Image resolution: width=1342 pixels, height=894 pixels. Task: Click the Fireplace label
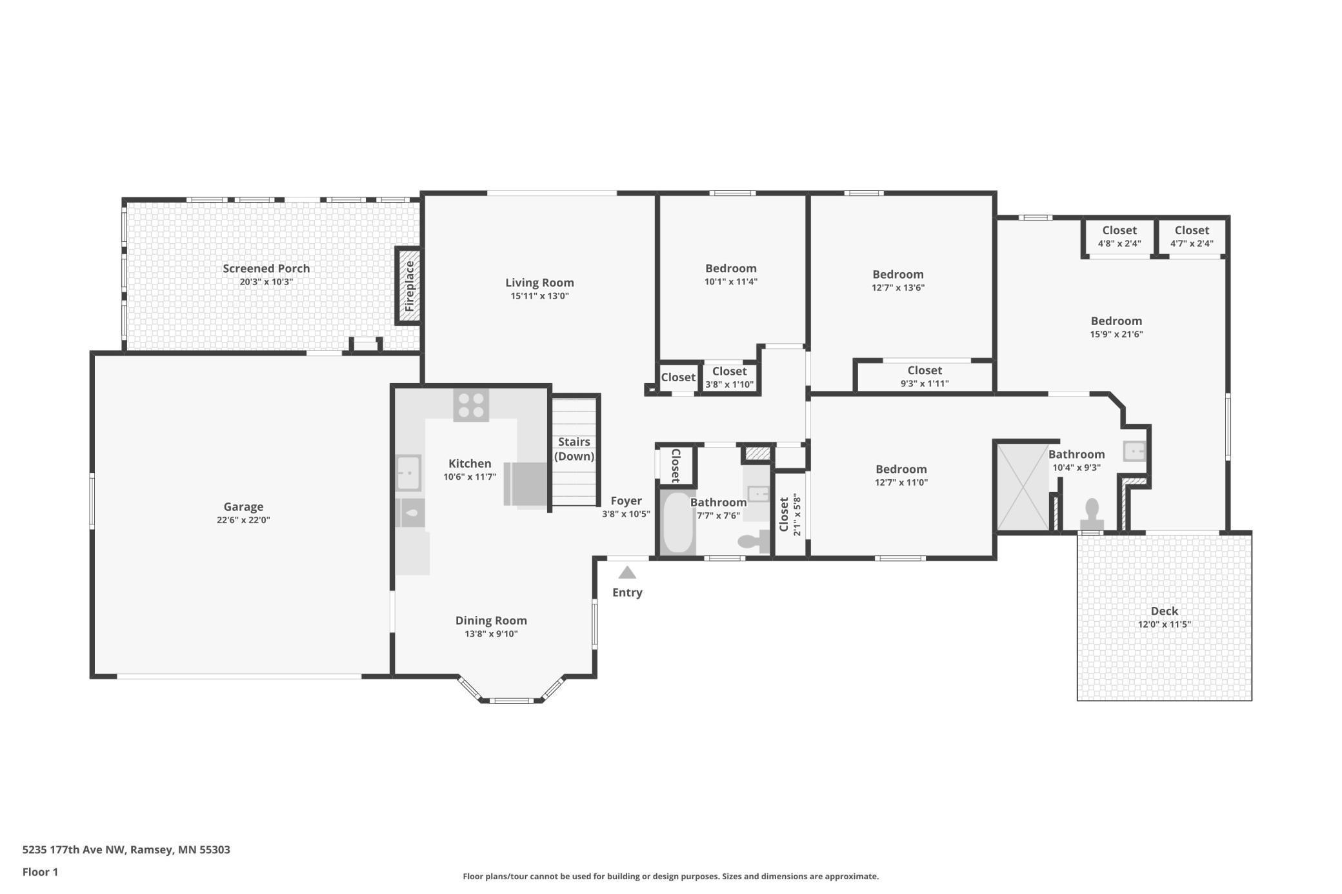409,286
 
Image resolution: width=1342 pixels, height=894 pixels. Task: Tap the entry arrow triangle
627,573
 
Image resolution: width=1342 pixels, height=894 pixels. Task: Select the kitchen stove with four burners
471,404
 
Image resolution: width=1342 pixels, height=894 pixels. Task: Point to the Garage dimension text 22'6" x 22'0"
243,520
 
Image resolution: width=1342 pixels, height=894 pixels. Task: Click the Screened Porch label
266,268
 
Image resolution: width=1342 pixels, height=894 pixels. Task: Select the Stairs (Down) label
574,449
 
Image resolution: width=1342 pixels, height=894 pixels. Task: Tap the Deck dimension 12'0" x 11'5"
1164,624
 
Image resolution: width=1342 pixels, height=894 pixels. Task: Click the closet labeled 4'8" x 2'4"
1119,237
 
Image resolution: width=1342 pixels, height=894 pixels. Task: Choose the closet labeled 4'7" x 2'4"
1192,237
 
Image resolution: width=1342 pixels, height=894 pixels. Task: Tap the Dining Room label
491,621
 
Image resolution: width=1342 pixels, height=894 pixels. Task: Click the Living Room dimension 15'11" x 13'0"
539,296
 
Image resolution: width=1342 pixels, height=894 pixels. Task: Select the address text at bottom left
126,849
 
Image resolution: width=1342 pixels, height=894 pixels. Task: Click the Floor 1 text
40,872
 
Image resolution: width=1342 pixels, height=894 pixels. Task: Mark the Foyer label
626,501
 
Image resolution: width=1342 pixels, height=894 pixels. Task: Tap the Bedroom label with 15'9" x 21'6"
1116,321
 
